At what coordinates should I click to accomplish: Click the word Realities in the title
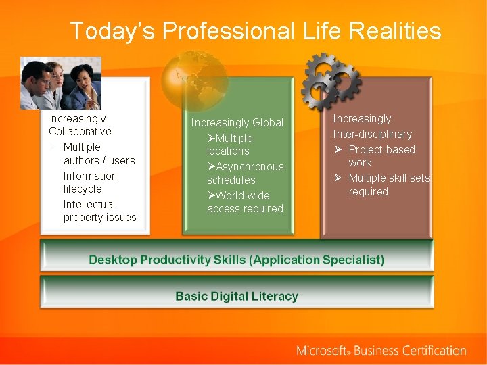pyautogui.click(x=390, y=31)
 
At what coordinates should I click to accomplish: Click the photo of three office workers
pyautogui.click(x=60, y=82)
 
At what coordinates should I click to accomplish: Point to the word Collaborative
pyautogui.click(x=80, y=131)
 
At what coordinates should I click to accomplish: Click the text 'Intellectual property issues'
pyautogui.click(x=99, y=211)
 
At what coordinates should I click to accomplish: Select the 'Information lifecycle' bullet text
pyautogui.click(x=90, y=182)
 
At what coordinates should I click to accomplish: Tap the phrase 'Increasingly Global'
pyautogui.click(x=237, y=122)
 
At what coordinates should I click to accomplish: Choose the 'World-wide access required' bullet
pyautogui.click(x=245, y=202)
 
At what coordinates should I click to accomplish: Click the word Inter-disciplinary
pyautogui.click(x=372, y=134)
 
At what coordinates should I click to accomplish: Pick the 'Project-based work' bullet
pyautogui.click(x=381, y=156)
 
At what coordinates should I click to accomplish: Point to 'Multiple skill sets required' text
pyautogui.click(x=388, y=185)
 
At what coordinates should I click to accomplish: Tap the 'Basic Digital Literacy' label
pyautogui.click(x=236, y=296)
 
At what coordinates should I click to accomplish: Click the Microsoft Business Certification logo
pyautogui.click(x=381, y=350)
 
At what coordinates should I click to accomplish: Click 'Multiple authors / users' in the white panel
pyautogui.click(x=99, y=153)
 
